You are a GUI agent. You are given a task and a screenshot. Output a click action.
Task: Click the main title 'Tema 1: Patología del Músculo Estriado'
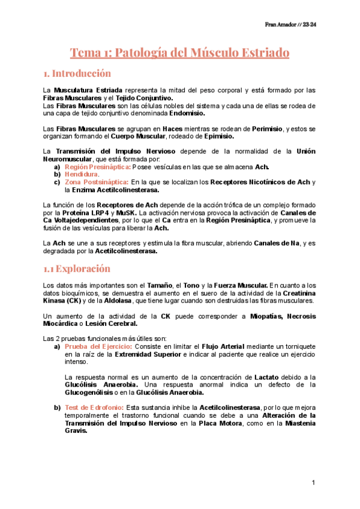pyautogui.click(x=180, y=53)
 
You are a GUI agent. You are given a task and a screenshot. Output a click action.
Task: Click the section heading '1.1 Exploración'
pyautogui.click(x=77, y=268)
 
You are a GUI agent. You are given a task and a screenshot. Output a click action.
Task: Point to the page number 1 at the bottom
pyautogui.click(x=313, y=483)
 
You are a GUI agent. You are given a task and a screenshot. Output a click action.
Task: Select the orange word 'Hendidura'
pyautogui.click(x=81, y=174)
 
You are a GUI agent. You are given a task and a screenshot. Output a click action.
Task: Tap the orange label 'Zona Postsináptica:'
pyautogui.click(x=97, y=182)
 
